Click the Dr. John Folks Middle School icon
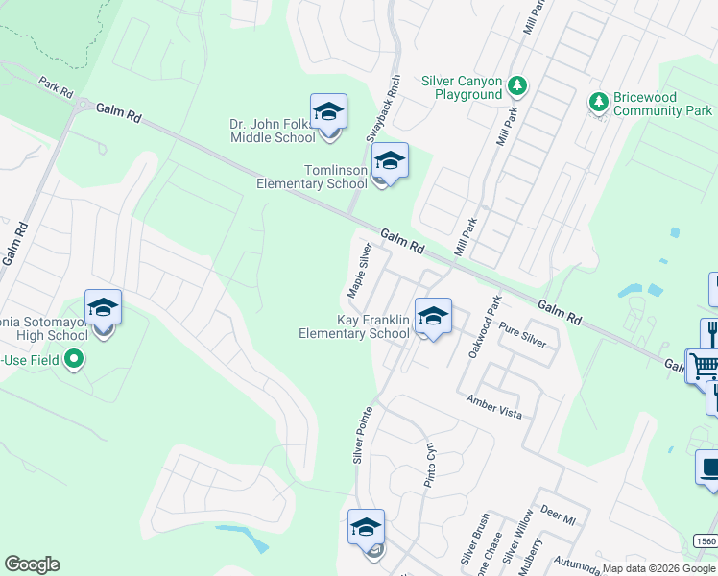click(x=328, y=113)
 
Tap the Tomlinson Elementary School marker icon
click(x=390, y=161)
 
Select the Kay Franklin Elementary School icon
click(x=433, y=317)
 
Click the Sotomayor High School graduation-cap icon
click(x=103, y=308)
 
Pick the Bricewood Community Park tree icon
click(x=598, y=101)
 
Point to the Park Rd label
click(x=57, y=88)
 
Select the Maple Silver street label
click(x=360, y=270)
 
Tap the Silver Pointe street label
click(x=362, y=434)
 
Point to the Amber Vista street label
click(x=494, y=406)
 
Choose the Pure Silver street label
click(x=521, y=334)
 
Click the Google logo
click(x=32, y=564)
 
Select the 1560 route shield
click(x=706, y=542)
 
